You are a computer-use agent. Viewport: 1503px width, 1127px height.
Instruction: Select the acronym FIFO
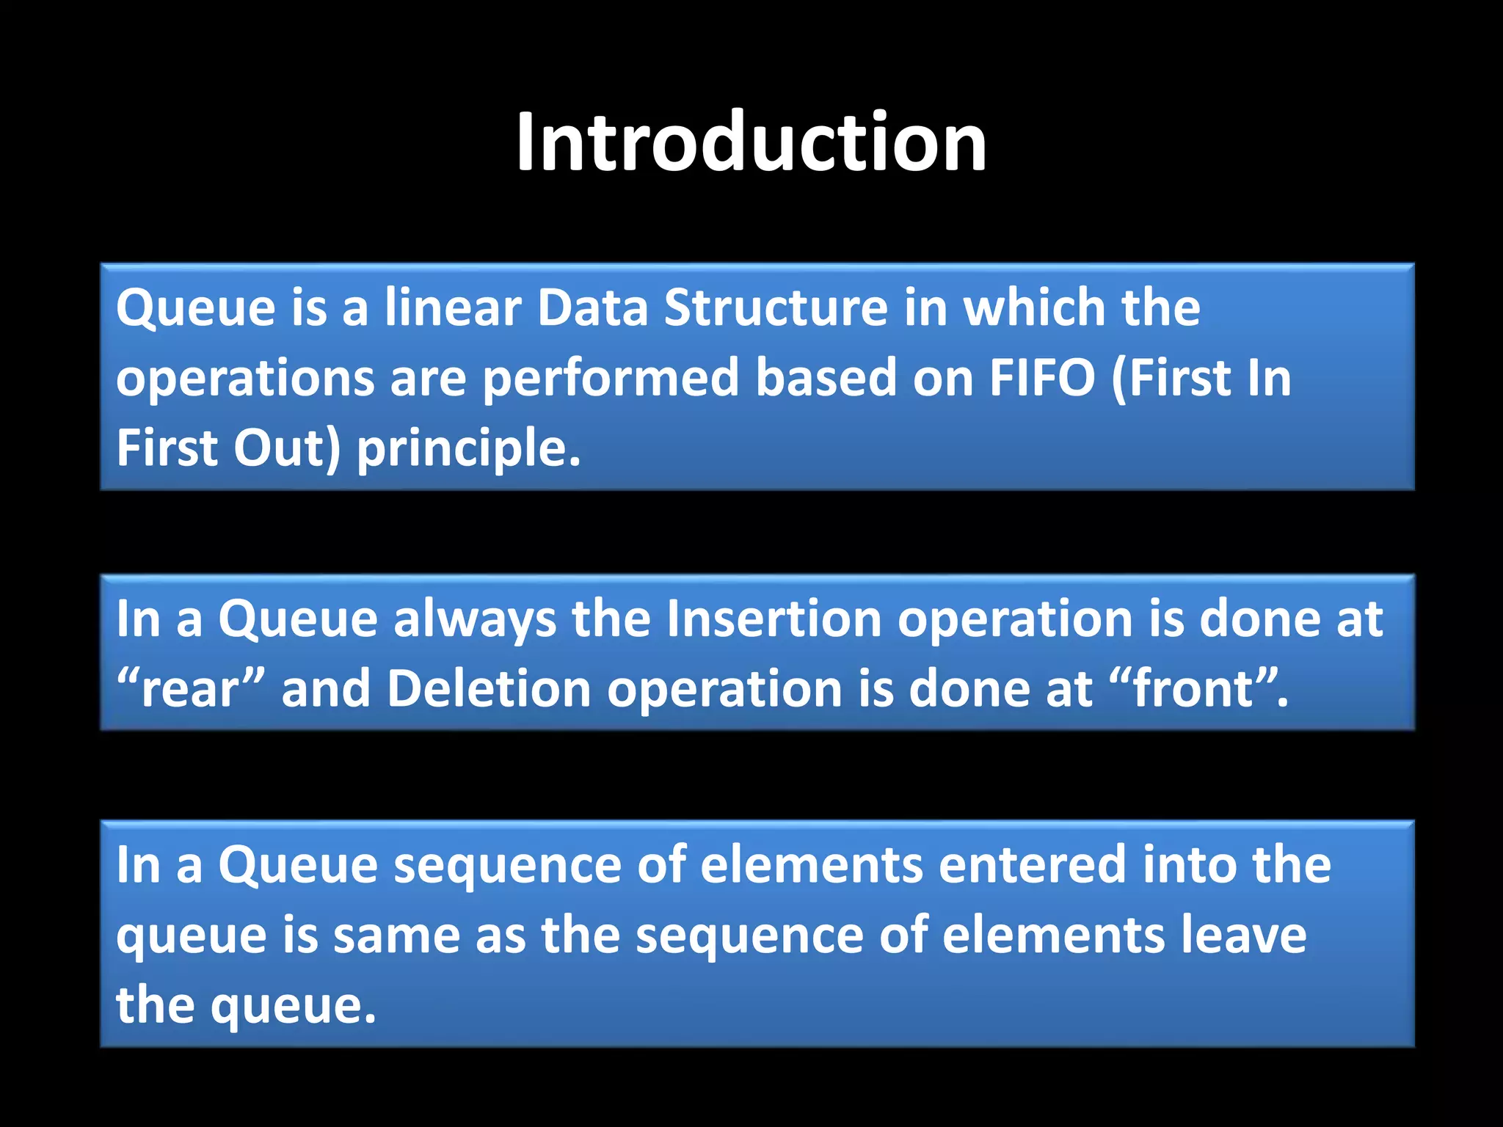pyautogui.click(x=1042, y=378)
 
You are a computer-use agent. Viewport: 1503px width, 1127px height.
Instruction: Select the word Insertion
pyautogui.click(x=774, y=619)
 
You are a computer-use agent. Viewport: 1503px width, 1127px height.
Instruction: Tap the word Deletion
pyautogui.click(x=489, y=689)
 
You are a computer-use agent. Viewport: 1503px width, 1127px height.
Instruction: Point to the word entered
pyautogui.click(x=1032, y=864)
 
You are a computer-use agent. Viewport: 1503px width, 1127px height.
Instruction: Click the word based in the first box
pyautogui.click(x=826, y=378)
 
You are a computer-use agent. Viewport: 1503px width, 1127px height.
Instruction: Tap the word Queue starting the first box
pyautogui.click(x=195, y=308)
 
